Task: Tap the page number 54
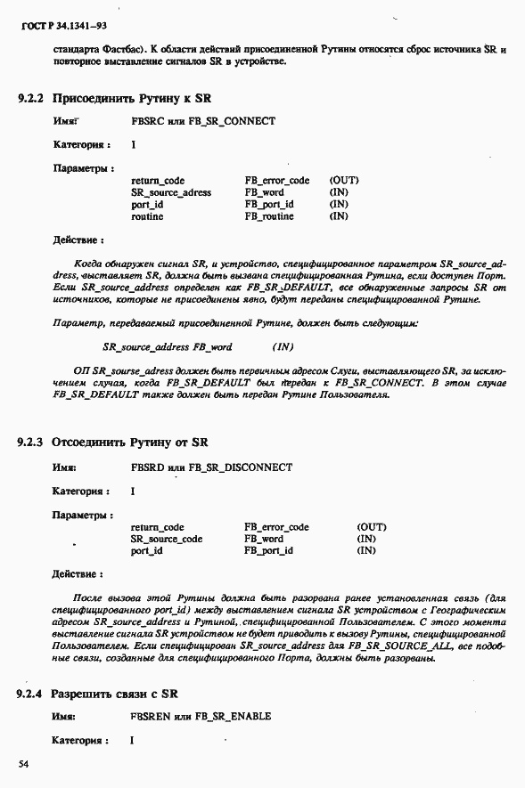[x=25, y=764]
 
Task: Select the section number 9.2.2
[x=30, y=98]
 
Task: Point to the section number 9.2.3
[x=30, y=442]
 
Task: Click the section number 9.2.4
[x=30, y=693]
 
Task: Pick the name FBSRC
[x=147, y=121]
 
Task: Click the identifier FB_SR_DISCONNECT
[x=241, y=467]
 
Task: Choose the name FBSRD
[x=147, y=467]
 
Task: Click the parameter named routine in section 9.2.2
[x=147, y=216]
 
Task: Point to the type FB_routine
[x=269, y=216]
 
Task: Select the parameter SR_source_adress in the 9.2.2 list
[x=171, y=192]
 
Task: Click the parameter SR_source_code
[x=167, y=539]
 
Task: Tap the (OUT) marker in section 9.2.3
[x=371, y=527]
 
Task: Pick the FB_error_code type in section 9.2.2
[x=277, y=181]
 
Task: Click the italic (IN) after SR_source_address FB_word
[x=283, y=346]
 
